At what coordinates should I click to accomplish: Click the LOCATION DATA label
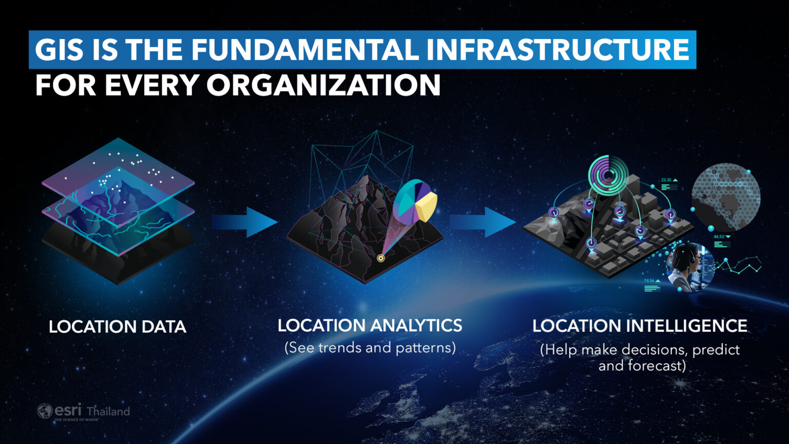117,327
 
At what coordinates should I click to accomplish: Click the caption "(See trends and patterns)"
370,348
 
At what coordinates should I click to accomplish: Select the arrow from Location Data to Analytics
245,222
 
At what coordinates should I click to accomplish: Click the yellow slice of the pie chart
427,206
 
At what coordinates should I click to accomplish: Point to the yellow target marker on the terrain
381,258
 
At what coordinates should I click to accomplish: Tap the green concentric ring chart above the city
608,175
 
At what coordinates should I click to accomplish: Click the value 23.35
666,180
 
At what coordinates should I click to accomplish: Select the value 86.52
719,237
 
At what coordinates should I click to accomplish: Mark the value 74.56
649,281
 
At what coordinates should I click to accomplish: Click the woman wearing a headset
687,266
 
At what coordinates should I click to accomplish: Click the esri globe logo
45,411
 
